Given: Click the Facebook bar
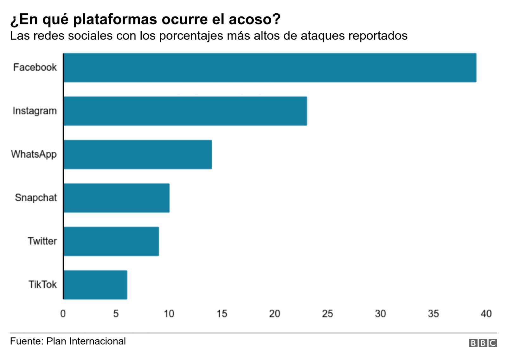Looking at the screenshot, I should tap(270, 67).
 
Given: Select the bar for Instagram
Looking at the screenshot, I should tap(185, 111).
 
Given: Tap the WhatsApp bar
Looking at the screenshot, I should tap(138, 154).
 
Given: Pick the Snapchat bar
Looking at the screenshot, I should tap(116, 198).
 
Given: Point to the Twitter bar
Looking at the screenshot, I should tap(111, 241).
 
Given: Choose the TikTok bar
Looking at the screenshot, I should tap(95, 284).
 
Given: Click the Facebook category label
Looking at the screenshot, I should tap(35, 67).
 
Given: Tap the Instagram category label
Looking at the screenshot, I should tap(35, 111).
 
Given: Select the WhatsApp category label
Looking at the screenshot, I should tap(34, 154).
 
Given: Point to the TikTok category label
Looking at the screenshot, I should tap(42, 284).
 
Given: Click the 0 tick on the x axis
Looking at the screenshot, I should tap(63, 313).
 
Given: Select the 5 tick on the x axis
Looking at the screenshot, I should tap(116, 313).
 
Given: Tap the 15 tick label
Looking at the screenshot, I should tap(222, 313).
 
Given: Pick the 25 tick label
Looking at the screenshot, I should tap(328, 313).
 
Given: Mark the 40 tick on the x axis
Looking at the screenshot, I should tap(486, 313).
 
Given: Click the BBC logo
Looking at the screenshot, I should tap(483, 343).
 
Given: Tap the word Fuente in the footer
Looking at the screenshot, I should tap(27, 341).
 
